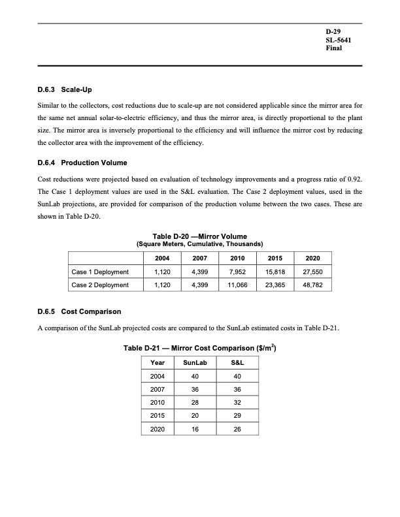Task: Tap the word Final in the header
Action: click(334, 48)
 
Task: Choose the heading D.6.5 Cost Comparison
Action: click(78, 311)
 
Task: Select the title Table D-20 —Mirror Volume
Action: click(199, 236)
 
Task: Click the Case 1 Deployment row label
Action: click(100, 272)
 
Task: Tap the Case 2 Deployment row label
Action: click(100, 285)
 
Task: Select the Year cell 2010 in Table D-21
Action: click(158, 403)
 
